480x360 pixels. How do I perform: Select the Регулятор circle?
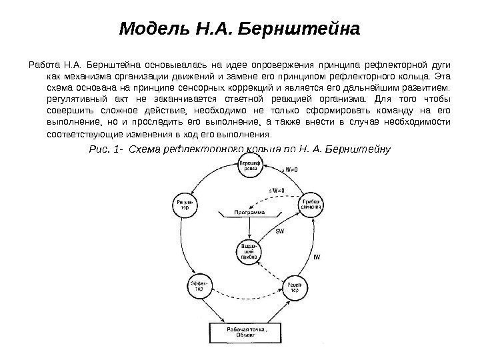point(184,205)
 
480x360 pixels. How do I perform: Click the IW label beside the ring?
point(317,255)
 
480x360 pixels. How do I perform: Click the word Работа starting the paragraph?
point(42,65)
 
